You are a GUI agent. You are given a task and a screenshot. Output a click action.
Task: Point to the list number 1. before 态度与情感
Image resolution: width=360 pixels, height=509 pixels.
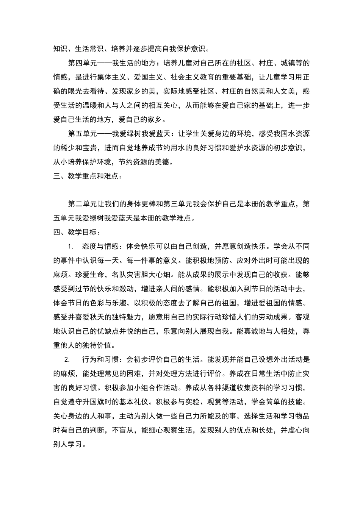tap(70, 247)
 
